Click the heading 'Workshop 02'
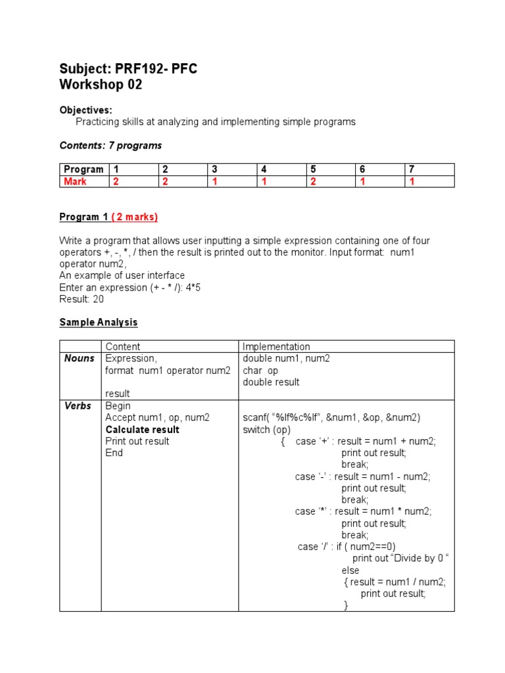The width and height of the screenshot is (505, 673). click(101, 85)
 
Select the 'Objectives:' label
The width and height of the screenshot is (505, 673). click(85, 110)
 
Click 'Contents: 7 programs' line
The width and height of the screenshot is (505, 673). click(110, 145)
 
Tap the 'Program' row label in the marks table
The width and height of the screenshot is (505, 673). click(84, 170)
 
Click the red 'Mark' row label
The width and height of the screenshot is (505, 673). click(75, 181)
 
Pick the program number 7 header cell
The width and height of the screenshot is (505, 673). click(412, 170)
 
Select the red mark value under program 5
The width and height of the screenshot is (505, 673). click(313, 181)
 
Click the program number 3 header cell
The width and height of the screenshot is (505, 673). click(214, 170)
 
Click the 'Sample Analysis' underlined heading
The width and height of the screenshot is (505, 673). click(99, 322)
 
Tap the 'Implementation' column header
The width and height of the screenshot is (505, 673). click(276, 346)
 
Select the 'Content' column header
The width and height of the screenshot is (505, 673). click(123, 346)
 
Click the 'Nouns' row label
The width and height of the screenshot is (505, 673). click(79, 358)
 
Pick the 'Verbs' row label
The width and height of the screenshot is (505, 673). click(78, 406)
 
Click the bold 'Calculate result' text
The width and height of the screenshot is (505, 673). click(142, 430)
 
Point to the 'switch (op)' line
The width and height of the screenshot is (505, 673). click(266, 430)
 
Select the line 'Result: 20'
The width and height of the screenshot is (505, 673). click(82, 299)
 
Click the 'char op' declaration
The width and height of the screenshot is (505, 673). click(260, 371)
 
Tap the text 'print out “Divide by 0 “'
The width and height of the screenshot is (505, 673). click(400, 559)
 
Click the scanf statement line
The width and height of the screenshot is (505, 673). click(331, 418)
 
